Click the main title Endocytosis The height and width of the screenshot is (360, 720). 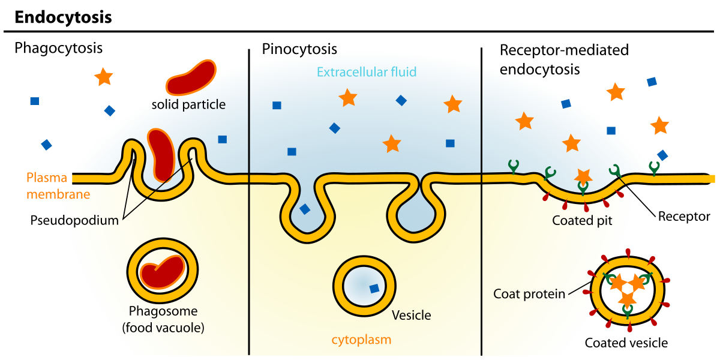(63, 17)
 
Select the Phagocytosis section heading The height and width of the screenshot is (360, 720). (59, 48)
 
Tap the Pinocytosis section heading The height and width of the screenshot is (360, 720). (299, 49)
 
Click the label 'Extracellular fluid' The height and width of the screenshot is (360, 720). (367, 73)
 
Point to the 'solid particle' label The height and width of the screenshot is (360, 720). (188, 104)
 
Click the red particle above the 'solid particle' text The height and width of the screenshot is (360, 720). (191, 77)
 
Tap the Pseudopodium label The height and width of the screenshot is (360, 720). (74, 220)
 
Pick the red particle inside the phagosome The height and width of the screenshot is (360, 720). (162, 272)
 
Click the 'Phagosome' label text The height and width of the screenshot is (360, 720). (163, 311)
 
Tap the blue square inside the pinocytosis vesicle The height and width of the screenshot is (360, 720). (374, 289)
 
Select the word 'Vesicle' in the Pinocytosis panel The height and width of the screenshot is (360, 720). (411, 315)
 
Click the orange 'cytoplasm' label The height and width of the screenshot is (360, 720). (361, 340)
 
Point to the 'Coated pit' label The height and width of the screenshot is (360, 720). (582, 220)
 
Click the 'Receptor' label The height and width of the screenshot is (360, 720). (684, 216)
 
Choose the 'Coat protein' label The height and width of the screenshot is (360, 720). (529, 293)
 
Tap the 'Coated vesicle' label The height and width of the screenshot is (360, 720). (626, 343)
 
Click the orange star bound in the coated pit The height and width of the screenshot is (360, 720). (583, 176)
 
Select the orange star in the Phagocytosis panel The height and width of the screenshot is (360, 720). (104, 76)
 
